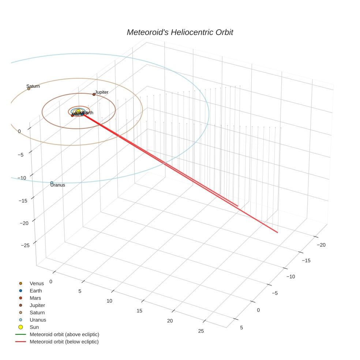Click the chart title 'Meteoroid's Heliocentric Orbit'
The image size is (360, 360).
pos(180,32)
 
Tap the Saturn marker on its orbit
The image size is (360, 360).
pos(29,89)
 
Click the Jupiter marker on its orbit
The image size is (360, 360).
pos(94,94)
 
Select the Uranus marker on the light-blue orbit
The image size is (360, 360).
pos(52,183)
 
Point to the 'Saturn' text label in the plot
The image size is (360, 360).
pos(33,86)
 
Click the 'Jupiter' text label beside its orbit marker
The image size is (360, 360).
pos(102,92)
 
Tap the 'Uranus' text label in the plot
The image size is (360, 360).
pos(58,185)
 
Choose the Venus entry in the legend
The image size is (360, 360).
pos(37,283)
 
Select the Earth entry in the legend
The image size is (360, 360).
pos(36,290)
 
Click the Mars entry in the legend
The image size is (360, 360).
pos(35,298)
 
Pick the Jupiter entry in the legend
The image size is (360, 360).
pos(37,305)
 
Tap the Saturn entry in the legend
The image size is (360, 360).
pos(37,312)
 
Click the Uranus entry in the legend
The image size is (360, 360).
pos(38,320)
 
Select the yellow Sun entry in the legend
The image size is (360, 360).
pos(34,327)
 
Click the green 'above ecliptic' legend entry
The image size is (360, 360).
pos(64,334)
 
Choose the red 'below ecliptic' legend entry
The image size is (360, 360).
pos(64,342)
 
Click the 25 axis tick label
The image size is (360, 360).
pos(201,331)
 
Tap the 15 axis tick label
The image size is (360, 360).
pos(139,311)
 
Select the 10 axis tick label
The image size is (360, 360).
pos(109,301)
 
